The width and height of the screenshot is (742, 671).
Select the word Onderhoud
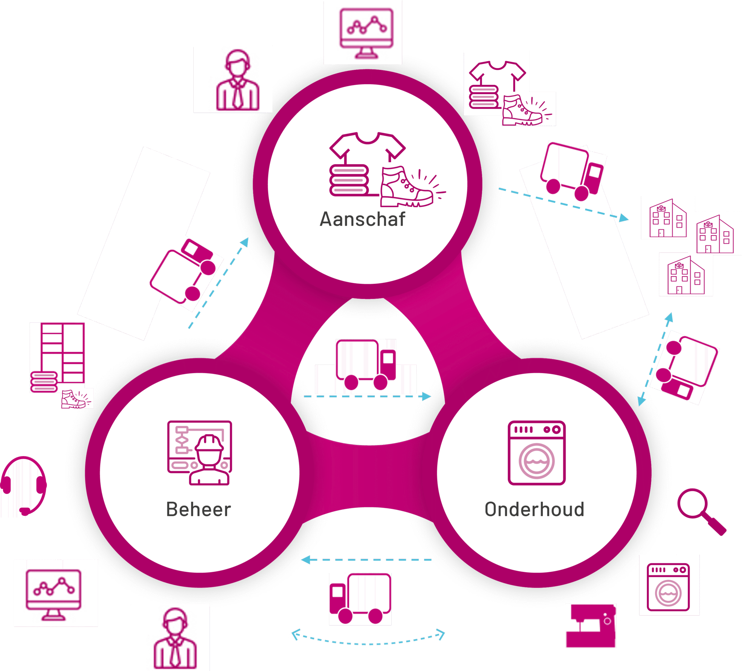coord(534,510)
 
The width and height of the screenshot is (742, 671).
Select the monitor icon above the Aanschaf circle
coord(366,33)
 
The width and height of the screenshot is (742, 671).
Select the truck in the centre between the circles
coord(365,365)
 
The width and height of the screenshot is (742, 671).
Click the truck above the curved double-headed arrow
coord(360,598)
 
